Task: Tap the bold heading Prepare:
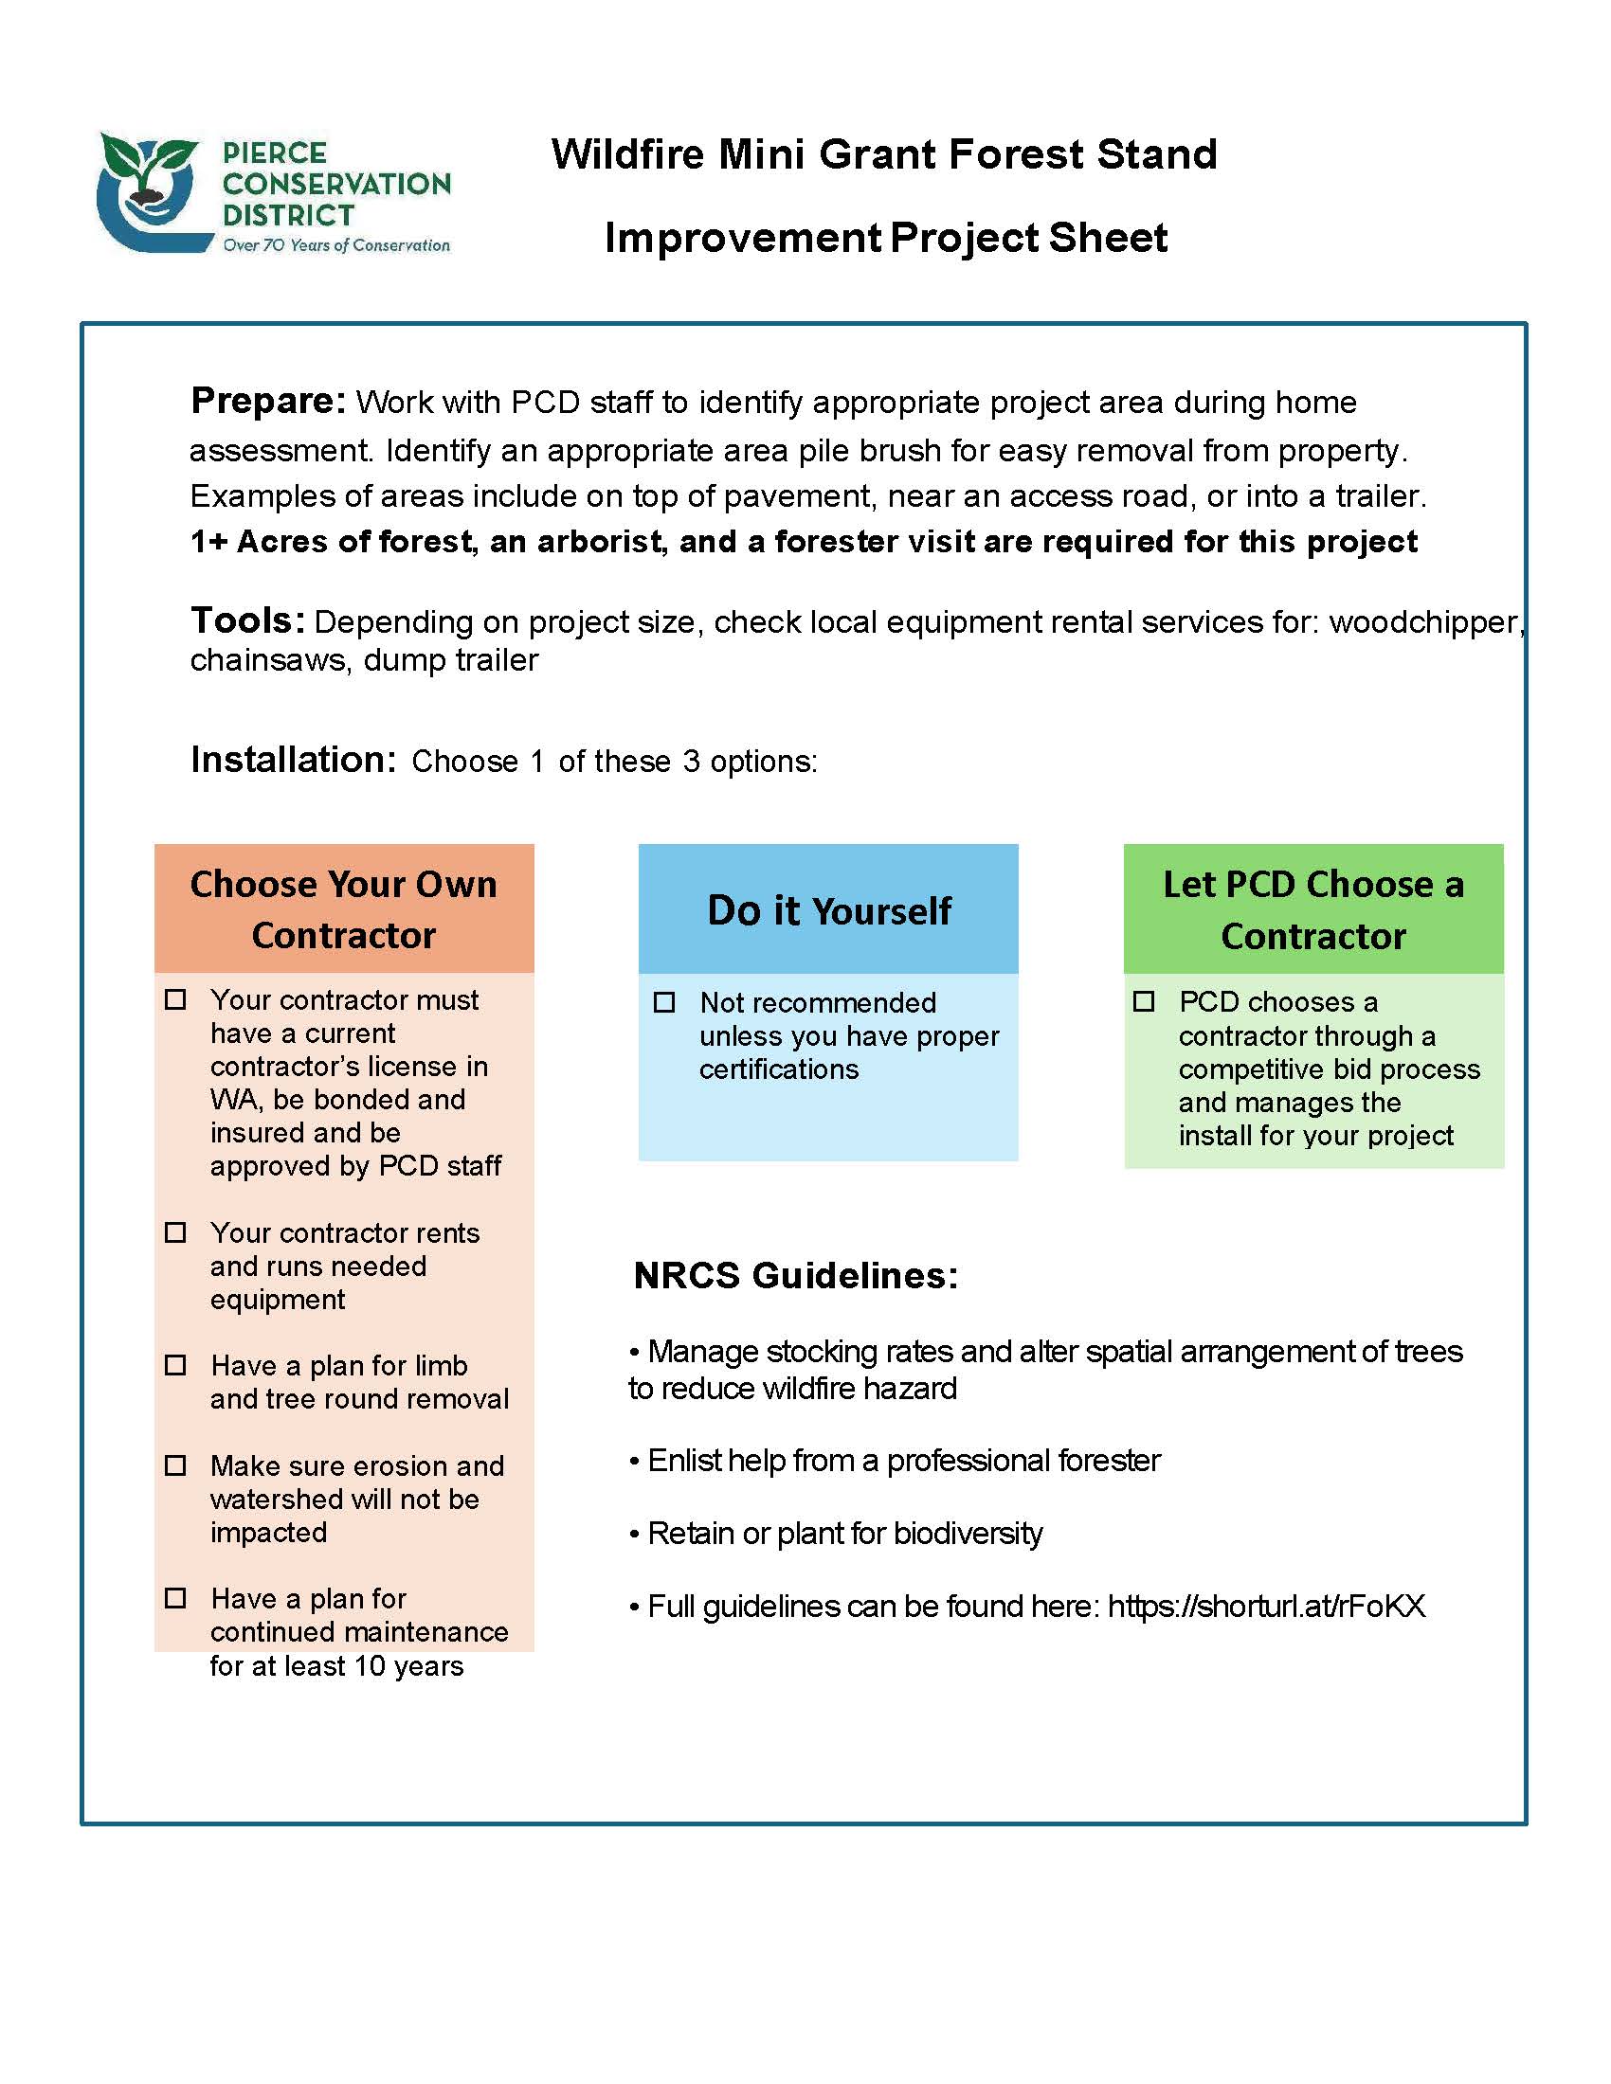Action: pyautogui.click(x=268, y=401)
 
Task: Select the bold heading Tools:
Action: pyautogui.click(x=247, y=620)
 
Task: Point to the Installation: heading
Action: pyautogui.click(x=293, y=760)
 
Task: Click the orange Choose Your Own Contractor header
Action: pyautogui.click(x=344, y=908)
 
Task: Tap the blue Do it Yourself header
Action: pyautogui.click(x=827, y=909)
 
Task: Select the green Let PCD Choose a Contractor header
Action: pyautogui.click(x=1312, y=909)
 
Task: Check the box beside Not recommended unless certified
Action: pyautogui.click(x=664, y=1002)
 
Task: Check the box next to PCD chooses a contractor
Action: pyautogui.click(x=1144, y=1001)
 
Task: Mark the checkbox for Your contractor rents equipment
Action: pyautogui.click(x=175, y=1231)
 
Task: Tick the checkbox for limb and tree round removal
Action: pyautogui.click(x=175, y=1364)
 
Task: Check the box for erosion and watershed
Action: pyautogui.click(x=175, y=1464)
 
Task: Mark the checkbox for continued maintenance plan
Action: pyautogui.click(x=175, y=1597)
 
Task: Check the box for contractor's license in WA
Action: pyautogui.click(x=175, y=999)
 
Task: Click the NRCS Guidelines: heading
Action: pyautogui.click(x=795, y=1276)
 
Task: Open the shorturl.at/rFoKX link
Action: pyautogui.click(x=1265, y=1607)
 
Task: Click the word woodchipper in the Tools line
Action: pyautogui.click(x=1422, y=622)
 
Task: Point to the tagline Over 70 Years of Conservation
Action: pyautogui.click(x=336, y=245)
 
